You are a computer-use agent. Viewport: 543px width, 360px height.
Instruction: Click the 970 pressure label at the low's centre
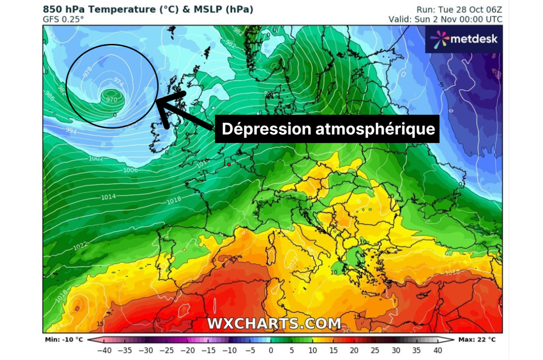pyautogui.click(x=111, y=99)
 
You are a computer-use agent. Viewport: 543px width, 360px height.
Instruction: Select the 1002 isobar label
pyautogui.click(x=96, y=158)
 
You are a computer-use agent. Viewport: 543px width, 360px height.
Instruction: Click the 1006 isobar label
pyautogui.click(x=130, y=170)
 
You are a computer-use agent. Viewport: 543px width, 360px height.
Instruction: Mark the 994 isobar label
pyautogui.click(x=71, y=131)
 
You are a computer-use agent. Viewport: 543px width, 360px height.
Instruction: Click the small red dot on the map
pyautogui.click(x=229, y=164)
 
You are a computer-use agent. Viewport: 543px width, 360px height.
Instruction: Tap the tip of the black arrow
pyautogui.click(x=157, y=101)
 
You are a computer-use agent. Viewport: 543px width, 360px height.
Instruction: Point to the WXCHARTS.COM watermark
pyautogui.click(x=274, y=323)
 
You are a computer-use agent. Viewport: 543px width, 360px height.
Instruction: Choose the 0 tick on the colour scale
pyautogui.click(x=271, y=350)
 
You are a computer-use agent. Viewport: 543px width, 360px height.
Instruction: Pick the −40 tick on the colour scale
pyautogui.click(x=105, y=350)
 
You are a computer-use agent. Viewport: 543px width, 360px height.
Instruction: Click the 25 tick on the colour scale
pyautogui.click(x=374, y=350)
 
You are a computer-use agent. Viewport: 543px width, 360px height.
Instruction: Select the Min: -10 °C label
pyautogui.click(x=64, y=339)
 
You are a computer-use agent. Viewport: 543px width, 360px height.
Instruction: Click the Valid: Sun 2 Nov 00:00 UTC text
pyautogui.click(x=445, y=19)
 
